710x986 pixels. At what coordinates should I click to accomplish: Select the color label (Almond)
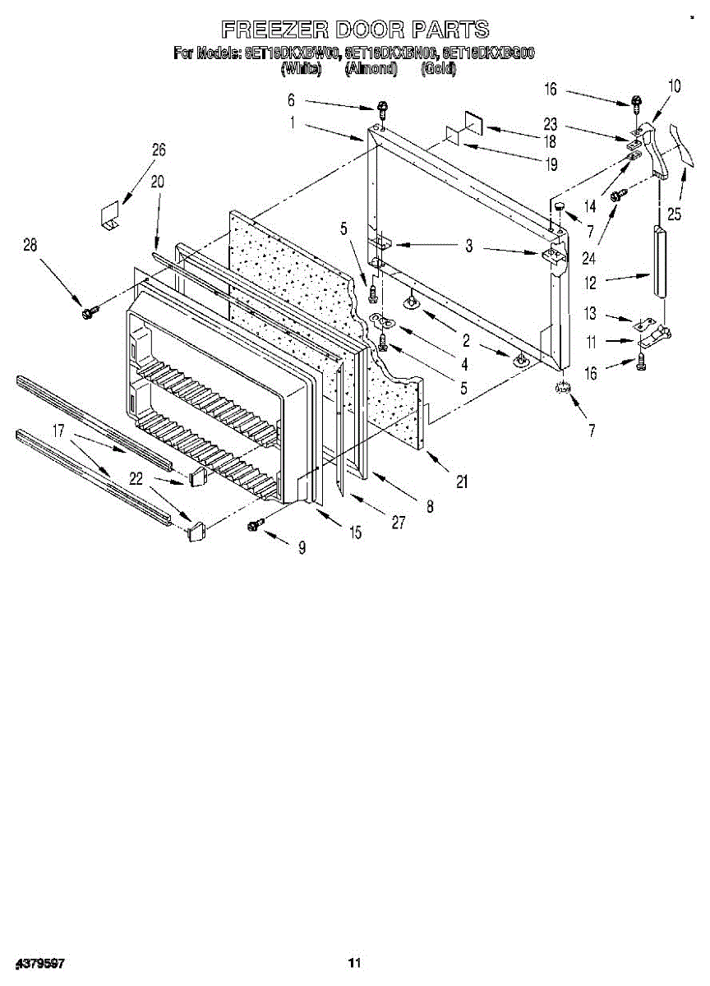[x=371, y=70]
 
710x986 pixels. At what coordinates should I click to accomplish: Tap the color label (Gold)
[x=438, y=70]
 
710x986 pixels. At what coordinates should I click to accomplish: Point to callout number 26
[x=159, y=150]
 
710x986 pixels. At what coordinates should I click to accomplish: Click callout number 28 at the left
[x=30, y=244]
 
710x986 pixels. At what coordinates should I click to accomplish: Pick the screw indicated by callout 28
[x=88, y=311]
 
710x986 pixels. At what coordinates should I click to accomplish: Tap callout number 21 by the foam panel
[x=462, y=483]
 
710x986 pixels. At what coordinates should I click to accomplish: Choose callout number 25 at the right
[x=674, y=215]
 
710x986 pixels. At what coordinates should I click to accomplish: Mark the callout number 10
[x=674, y=85]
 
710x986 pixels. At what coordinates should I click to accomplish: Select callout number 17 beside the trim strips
[x=59, y=429]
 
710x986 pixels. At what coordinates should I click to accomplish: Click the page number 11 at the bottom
[x=354, y=962]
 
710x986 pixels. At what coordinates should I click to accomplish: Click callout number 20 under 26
[x=157, y=182]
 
